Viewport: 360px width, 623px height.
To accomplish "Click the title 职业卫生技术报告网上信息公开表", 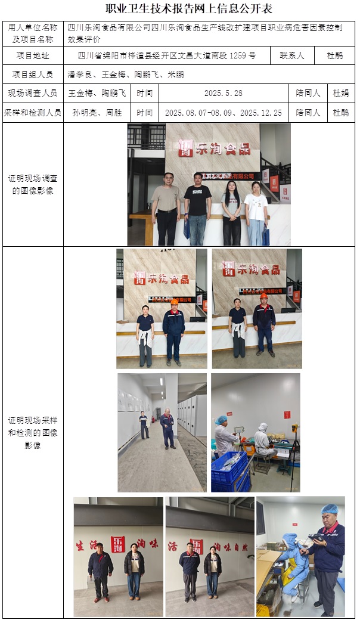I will (x=180, y=8).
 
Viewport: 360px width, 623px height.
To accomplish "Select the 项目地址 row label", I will (x=33, y=56).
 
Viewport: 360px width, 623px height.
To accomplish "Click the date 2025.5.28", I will (x=224, y=94).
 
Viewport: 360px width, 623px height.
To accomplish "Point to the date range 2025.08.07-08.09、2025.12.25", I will (x=224, y=112).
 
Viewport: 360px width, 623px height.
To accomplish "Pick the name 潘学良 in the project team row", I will (x=80, y=75).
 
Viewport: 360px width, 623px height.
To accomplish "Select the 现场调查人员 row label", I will (x=33, y=94).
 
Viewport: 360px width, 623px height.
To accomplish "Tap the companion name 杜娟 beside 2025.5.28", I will (x=340, y=94).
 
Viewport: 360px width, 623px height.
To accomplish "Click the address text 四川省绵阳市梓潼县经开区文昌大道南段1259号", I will (x=167, y=56).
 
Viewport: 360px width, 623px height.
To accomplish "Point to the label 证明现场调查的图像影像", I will (x=33, y=184).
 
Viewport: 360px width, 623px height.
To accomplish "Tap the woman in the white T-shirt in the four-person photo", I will (x=256, y=212).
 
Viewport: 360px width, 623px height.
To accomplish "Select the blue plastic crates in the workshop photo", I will (x=229, y=471).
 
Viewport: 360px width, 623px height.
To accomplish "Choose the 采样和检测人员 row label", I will (x=33, y=112).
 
